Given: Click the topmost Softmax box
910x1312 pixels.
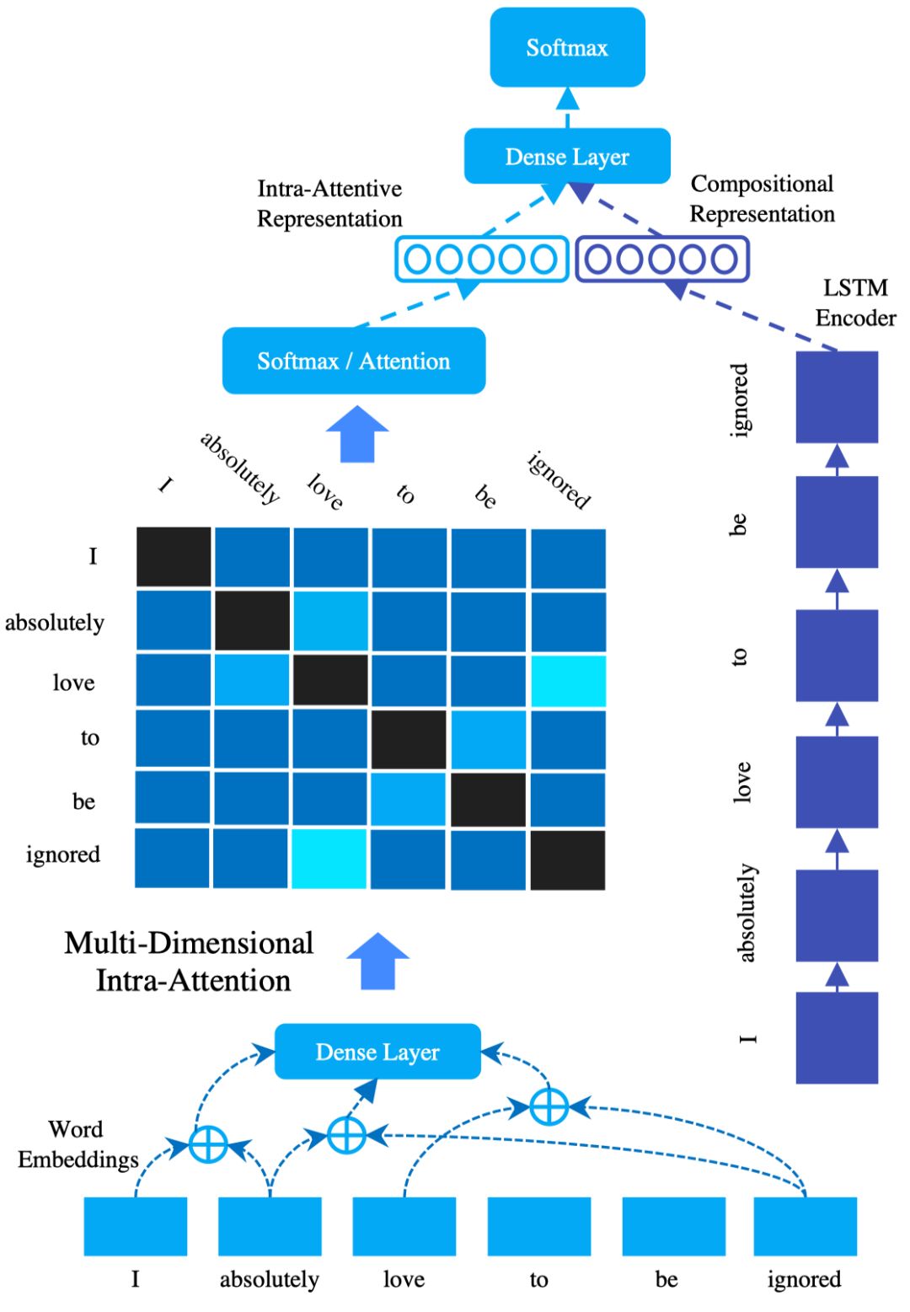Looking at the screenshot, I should [x=567, y=47].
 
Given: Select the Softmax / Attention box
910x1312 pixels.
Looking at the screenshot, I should [x=354, y=361].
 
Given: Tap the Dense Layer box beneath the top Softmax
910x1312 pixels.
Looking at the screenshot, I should [x=567, y=156].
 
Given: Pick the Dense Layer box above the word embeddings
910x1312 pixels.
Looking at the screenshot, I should [x=377, y=1052].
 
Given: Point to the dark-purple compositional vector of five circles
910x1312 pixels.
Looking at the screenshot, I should [x=662, y=259].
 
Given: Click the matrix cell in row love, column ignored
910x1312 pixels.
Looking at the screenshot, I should [x=568, y=681].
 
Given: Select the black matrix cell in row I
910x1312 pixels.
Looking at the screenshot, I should [x=174, y=556].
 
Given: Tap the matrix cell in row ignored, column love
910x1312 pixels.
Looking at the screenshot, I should [x=329, y=858].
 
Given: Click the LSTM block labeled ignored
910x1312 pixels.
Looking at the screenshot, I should [x=837, y=397].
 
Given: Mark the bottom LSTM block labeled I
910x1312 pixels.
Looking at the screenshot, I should [x=837, y=1037].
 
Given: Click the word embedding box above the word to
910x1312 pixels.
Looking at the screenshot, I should [x=539, y=1226].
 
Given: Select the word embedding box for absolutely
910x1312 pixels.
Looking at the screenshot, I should [x=270, y=1226].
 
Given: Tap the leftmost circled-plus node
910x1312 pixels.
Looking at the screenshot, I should [x=208, y=1145].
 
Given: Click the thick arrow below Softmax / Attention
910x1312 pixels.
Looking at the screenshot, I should [x=356, y=435].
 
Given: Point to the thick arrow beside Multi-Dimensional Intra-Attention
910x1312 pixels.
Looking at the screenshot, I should [x=377, y=961].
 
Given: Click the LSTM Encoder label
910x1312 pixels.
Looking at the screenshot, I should [x=855, y=303].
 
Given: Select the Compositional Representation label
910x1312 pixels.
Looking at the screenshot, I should [x=762, y=199].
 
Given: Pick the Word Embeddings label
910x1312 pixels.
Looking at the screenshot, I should [x=78, y=1144].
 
